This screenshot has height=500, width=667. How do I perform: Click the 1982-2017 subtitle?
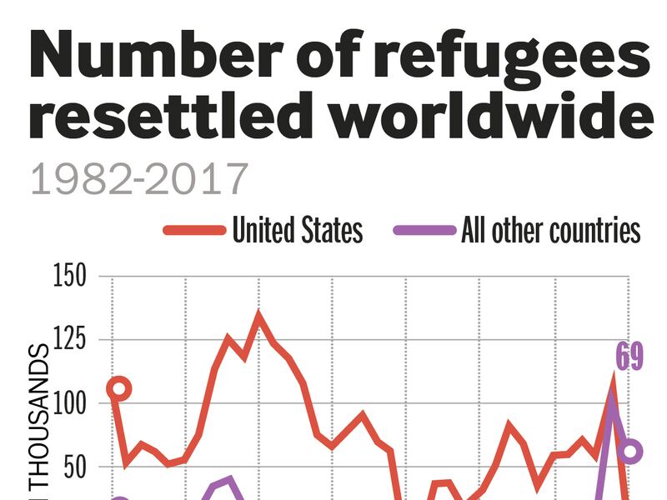pyautogui.click(x=139, y=178)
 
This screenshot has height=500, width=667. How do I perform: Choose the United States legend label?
pyautogui.click(x=298, y=230)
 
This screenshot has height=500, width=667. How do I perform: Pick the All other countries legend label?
pyautogui.click(x=550, y=230)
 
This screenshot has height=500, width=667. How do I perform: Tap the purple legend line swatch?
pyautogui.click(x=424, y=230)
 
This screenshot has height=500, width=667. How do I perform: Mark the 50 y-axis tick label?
pyautogui.click(x=74, y=467)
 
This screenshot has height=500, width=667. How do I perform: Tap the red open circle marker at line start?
pyautogui.click(x=120, y=388)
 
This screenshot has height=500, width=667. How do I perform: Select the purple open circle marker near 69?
pyautogui.click(x=631, y=452)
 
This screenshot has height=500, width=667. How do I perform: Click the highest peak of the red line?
pyautogui.click(x=258, y=315)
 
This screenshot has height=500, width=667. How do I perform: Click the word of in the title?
pyautogui.click(x=338, y=57)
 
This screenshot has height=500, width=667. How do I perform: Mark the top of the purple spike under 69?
pyautogui.click(x=613, y=400)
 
